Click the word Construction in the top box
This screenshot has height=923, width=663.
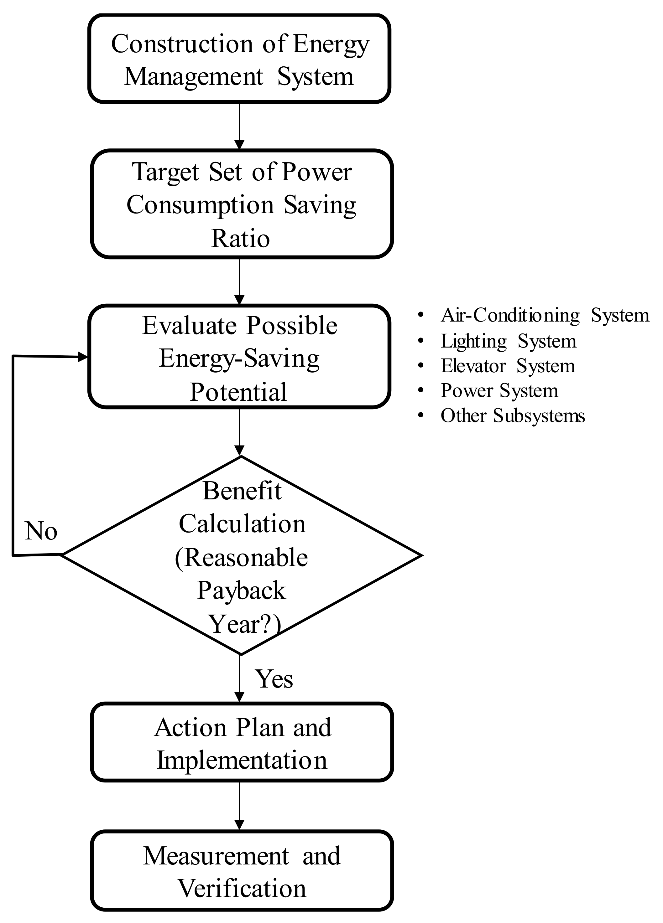tap(182, 44)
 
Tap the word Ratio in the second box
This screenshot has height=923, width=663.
tap(240, 239)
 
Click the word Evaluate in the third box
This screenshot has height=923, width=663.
tap(189, 326)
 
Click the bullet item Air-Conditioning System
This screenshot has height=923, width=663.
tap(545, 315)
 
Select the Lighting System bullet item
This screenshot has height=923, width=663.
tap(509, 341)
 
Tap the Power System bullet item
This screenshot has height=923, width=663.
tap(499, 391)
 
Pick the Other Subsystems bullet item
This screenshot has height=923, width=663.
tap(513, 416)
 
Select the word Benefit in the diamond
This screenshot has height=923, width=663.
tap(242, 491)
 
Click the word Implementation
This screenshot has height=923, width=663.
tap(242, 760)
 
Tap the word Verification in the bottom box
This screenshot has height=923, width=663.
tap(242, 889)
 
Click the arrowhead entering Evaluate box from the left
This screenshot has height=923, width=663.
tap(83, 357)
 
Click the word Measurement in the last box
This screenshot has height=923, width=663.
tap(216, 856)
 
